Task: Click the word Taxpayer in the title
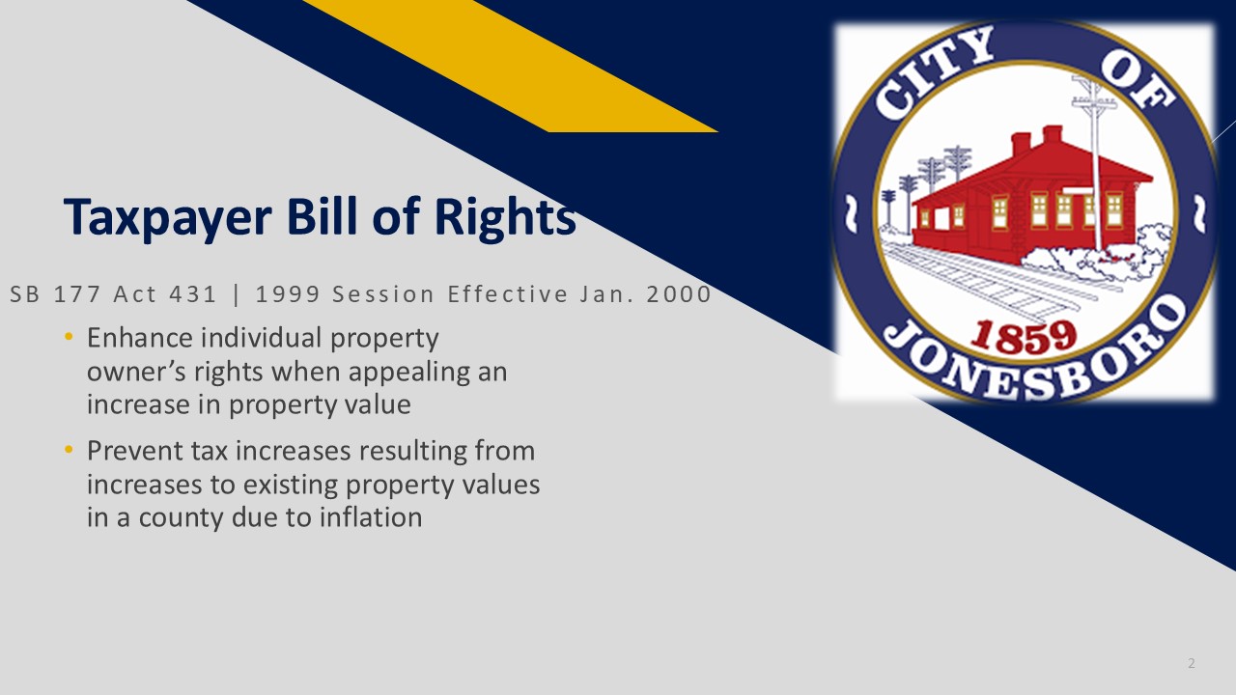coord(168,218)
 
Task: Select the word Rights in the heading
coord(505,218)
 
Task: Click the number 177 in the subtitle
coord(76,294)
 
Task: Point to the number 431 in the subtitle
coord(192,294)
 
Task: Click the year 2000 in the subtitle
coord(678,294)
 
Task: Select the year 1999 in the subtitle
coord(287,294)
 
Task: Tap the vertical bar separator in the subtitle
coord(237,295)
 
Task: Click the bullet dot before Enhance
coord(69,337)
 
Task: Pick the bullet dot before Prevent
coord(69,450)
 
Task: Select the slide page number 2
coord(1192,663)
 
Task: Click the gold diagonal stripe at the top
coord(511,66)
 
